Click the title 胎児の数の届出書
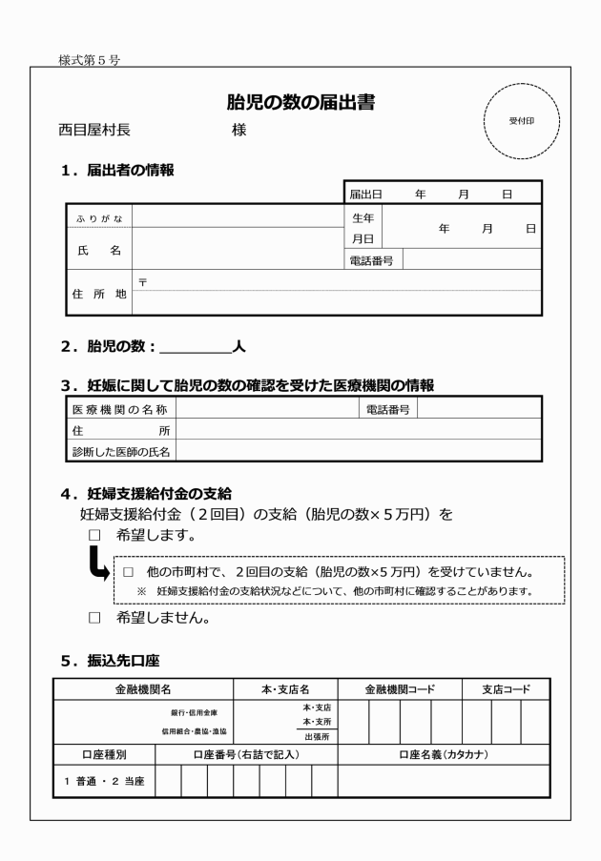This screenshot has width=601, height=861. tap(300, 103)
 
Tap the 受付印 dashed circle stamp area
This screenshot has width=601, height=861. tap(521, 122)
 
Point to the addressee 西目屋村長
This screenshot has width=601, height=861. tap(96, 131)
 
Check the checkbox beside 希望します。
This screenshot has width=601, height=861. tap(93, 536)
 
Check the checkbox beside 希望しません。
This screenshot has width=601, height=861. tap(93, 618)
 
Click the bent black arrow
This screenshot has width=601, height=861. tap(96, 569)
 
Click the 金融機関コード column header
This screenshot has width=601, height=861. tap(400, 688)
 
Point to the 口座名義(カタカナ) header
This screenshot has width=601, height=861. tap(444, 755)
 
